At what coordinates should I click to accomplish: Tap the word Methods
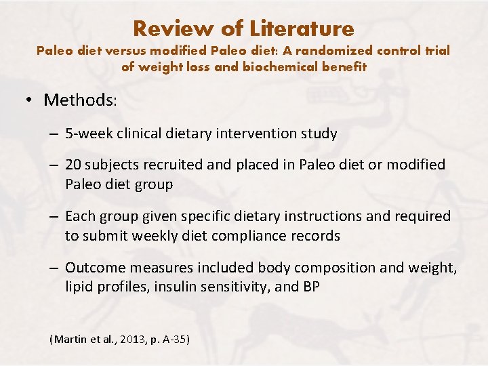79,100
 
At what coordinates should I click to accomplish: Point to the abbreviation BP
310,287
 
